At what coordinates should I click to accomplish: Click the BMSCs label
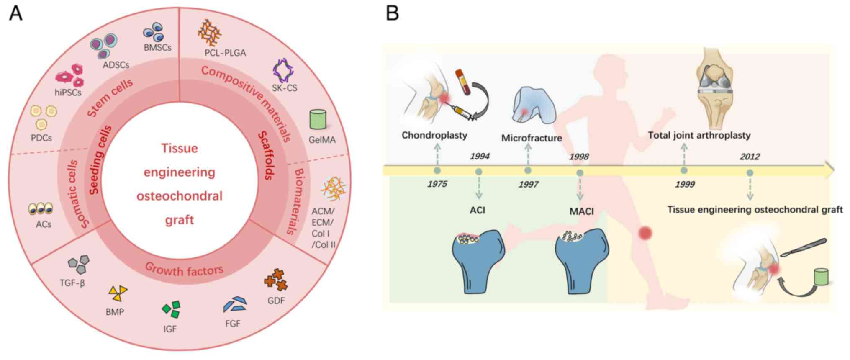coord(157,48)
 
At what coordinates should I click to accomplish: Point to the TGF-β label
coord(72,283)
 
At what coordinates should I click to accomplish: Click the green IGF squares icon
coord(171,309)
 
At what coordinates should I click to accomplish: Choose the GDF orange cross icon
coord(276,280)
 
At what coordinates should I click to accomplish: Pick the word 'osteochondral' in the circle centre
coord(180,196)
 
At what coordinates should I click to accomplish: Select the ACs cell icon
coord(40,208)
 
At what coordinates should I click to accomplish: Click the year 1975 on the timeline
coord(437,184)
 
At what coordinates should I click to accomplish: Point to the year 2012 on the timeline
coord(750,157)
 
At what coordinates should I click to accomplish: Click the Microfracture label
coord(532,138)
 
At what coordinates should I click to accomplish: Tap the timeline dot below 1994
coord(479,172)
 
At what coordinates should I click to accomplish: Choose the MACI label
coord(581,211)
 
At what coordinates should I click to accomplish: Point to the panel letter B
coord(392,13)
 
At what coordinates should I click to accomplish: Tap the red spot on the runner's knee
coord(645,233)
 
